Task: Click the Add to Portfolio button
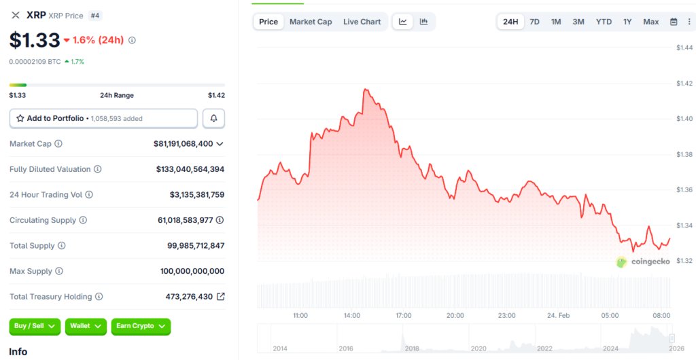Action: [103, 118]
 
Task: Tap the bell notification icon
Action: [213, 118]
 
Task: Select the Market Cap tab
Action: [311, 22]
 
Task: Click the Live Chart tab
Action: [362, 22]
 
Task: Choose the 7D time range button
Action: [534, 22]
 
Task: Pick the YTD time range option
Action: [604, 22]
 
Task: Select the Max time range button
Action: [650, 22]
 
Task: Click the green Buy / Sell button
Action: [35, 326]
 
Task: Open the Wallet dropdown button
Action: [86, 326]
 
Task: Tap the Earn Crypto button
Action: [140, 326]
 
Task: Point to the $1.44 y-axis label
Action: [684, 48]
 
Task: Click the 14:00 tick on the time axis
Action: [351, 315]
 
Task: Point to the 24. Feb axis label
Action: [559, 315]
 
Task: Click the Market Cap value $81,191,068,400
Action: [183, 144]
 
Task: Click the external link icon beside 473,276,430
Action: [220, 297]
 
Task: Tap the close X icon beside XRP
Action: [16, 15]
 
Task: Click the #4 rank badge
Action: [95, 15]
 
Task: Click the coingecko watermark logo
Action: [643, 262]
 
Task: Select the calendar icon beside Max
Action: [674, 22]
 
